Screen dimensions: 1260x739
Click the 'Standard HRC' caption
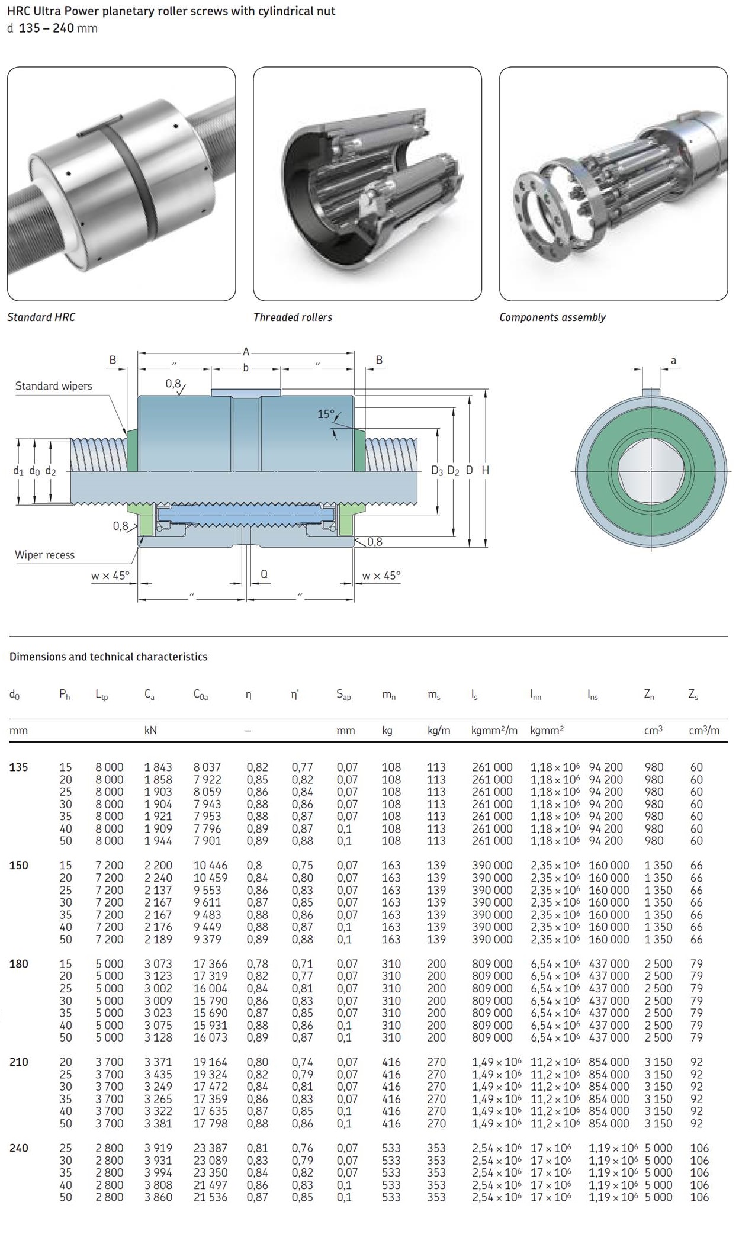(41, 317)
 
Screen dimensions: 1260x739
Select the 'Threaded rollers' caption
(293, 317)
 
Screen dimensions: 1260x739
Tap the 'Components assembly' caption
(552, 317)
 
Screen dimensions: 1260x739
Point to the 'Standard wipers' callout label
(53, 386)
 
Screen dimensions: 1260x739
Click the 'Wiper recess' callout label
(44, 555)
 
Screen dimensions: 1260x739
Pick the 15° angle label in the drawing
(326, 414)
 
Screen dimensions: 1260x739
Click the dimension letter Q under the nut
(264, 574)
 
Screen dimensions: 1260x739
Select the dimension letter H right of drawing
(485, 470)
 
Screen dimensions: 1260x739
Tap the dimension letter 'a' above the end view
(673, 360)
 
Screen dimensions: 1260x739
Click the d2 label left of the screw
(50, 471)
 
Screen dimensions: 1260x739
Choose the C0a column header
(201, 695)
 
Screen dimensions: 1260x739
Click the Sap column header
(343, 695)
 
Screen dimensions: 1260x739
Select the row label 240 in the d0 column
(18, 1148)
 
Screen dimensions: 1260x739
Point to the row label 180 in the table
(18, 964)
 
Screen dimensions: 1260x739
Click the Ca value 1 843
(158, 767)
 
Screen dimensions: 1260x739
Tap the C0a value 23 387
(210, 1148)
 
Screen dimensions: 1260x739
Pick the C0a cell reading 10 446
(210, 866)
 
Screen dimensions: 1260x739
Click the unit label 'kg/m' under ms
(439, 731)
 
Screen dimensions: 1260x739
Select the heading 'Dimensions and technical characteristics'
(108, 657)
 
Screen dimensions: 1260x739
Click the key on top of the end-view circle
(651, 392)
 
